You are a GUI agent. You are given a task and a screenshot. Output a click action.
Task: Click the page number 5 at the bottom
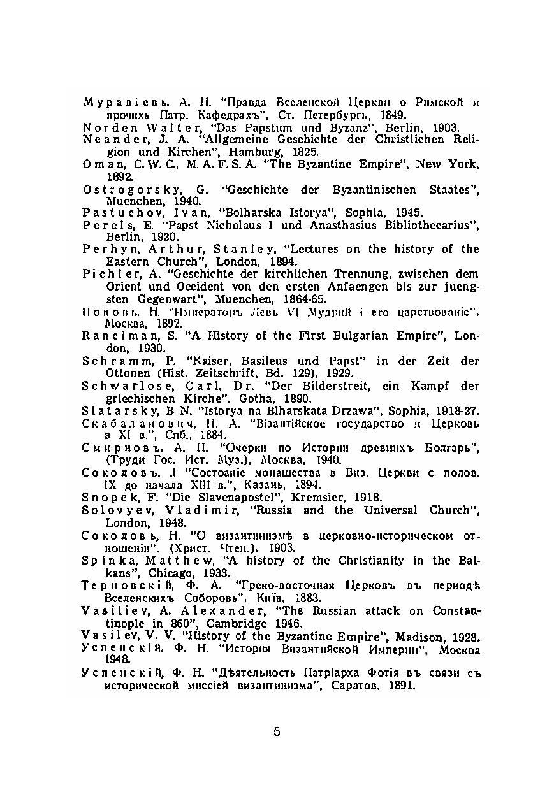pyautogui.click(x=277, y=731)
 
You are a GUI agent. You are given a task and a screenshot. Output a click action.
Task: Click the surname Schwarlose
pyautogui.click(x=118, y=386)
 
